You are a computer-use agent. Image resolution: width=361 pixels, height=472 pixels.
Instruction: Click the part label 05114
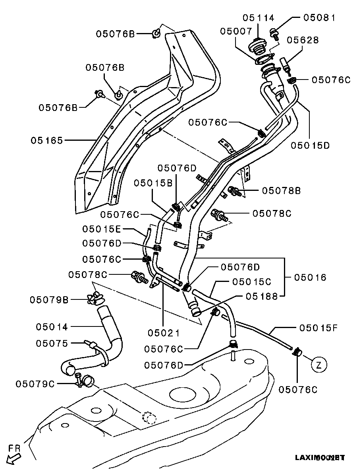coord(258,18)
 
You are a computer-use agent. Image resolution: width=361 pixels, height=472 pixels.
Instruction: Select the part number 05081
coord(319,18)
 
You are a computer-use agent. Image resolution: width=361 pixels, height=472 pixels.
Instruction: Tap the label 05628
coord(303,40)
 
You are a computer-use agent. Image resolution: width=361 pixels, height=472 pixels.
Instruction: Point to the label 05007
coord(237,31)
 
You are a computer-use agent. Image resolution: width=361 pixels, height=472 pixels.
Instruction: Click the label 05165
coord(47,140)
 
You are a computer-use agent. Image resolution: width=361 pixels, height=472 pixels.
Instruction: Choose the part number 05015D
coord(310,145)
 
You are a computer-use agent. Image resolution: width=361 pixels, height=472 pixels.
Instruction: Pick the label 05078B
coord(281,190)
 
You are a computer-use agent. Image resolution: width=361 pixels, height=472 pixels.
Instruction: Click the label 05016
coord(310,277)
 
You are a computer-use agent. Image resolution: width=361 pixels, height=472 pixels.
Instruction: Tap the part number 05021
coord(164,333)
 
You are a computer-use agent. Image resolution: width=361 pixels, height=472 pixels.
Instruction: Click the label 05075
coord(52,343)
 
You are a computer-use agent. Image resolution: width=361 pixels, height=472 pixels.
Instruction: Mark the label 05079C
coord(35,384)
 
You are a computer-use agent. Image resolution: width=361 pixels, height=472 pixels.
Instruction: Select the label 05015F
coord(318,328)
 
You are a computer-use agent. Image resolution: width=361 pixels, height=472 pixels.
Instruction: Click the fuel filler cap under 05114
coord(258,47)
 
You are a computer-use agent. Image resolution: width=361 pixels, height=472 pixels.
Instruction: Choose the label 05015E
coord(102,229)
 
